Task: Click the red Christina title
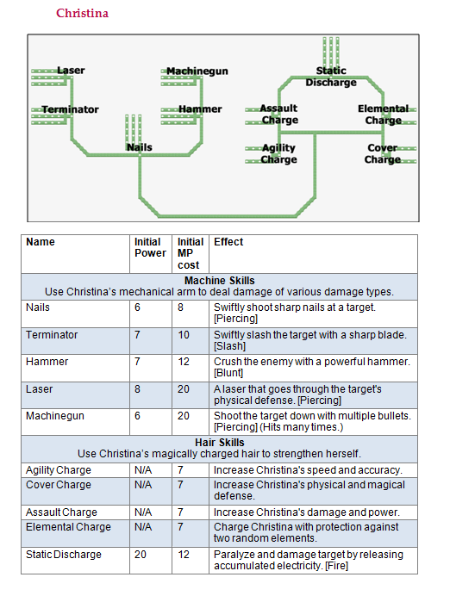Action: pos(82,13)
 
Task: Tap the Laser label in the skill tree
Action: pos(71,71)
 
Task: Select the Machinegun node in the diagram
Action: pos(197,71)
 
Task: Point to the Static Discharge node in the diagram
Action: pos(331,77)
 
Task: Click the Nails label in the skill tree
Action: pos(139,147)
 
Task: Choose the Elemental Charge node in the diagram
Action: pos(383,115)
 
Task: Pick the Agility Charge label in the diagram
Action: pos(278,153)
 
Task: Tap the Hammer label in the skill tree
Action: pos(200,109)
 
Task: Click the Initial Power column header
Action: pos(150,247)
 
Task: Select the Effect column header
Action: pos(228,242)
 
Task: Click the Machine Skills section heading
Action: pos(220,281)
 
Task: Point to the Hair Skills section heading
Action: pos(220,443)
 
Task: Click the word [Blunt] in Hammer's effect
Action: pos(228,373)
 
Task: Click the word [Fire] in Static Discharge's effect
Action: pos(337,566)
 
